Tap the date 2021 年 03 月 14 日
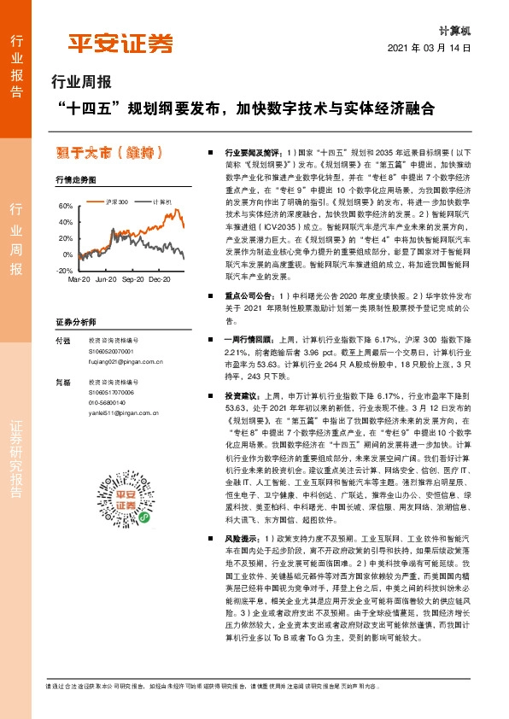click(430, 48)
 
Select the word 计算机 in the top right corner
click(454, 29)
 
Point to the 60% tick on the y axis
click(67, 208)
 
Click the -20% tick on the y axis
click(65, 270)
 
